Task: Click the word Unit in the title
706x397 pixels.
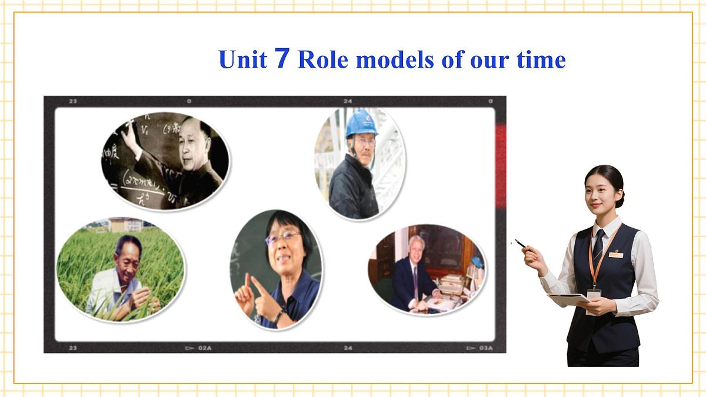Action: coord(242,60)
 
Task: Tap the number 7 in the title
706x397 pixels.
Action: coord(282,59)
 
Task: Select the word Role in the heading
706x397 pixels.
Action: coord(323,60)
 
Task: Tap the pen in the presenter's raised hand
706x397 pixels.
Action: coord(520,243)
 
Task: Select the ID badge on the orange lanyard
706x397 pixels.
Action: coord(594,293)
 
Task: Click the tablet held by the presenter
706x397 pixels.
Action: coord(570,298)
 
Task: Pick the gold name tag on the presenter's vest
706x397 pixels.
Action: coord(615,255)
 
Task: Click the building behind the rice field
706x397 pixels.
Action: coord(125,224)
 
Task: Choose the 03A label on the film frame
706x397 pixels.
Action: coord(485,348)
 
